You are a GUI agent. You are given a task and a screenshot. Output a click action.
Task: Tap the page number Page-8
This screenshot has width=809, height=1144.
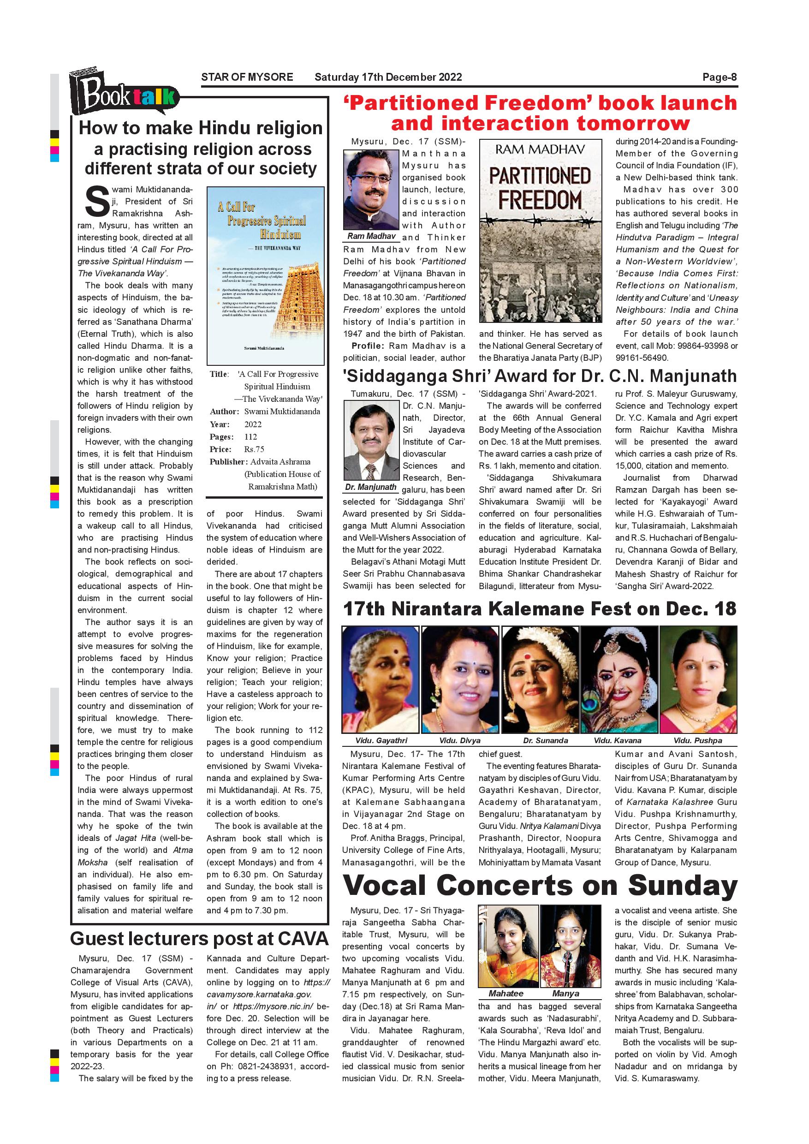[x=720, y=77]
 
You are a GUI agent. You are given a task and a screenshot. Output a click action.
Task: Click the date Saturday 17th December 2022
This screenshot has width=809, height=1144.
[x=388, y=77]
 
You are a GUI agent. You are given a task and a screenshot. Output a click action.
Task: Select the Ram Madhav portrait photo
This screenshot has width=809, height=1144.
[x=372, y=190]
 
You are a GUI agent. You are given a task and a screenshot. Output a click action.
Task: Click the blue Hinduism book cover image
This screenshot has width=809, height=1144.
[x=265, y=275]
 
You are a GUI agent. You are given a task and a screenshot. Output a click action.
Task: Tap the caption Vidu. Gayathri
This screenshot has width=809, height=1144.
[x=381, y=740]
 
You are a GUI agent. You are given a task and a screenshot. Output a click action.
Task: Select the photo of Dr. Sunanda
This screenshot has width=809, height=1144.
[x=541, y=679]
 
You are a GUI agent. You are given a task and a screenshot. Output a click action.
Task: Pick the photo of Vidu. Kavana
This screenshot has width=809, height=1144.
[x=619, y=679]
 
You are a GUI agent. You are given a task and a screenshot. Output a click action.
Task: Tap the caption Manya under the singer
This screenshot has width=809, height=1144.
[x=565, y=994]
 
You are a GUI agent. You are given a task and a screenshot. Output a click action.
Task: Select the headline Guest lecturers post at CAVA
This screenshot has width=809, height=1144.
[x=199, y=939]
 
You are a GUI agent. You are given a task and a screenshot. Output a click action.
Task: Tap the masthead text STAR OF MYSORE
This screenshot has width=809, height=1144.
[x=247, y=77]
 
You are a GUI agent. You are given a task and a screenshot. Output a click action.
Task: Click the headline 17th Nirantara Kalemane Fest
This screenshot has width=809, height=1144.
[x=540, y=609]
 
